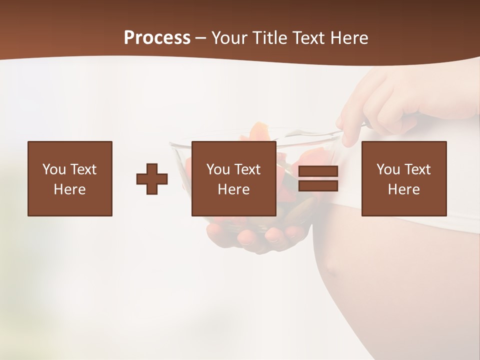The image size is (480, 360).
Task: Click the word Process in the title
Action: [157, 38]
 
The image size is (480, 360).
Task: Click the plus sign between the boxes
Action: [152, 179]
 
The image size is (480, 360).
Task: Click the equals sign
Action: [318, 179]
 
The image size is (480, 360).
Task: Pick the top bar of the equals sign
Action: [318, 171]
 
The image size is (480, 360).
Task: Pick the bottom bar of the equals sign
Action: [318, 186]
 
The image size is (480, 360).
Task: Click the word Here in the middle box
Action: [233, 189]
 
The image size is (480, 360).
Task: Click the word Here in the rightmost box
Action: [404, 189]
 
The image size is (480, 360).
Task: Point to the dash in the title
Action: [200, 38]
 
